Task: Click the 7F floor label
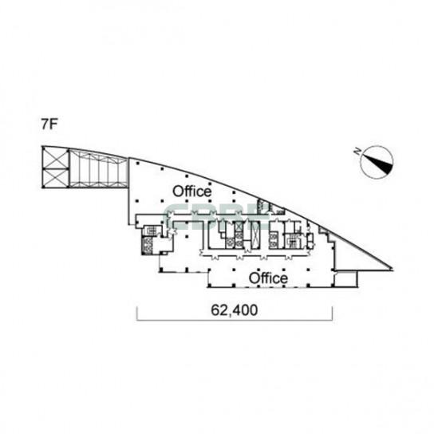[49, 124]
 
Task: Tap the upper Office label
[191, 191]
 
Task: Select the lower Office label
[268, 278]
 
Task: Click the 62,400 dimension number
[235, 310]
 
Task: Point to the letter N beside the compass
[357, 152]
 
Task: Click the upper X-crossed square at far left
[56, 159]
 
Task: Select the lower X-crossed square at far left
[56, 178]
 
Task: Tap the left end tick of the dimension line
[137, 314]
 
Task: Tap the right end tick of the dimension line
[332, 314]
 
